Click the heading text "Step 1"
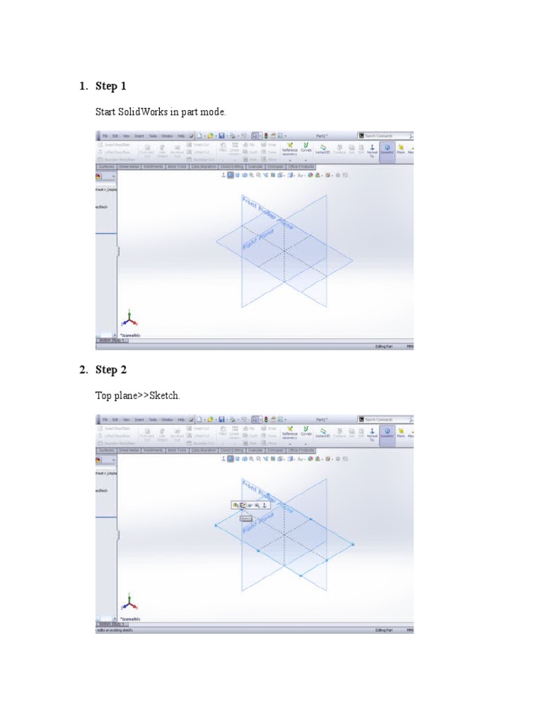pyautogui.click(x=111, y=86)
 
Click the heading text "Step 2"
pyautogui.click(x=111, y=369)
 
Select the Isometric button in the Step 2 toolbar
pyautogui.click(x=387, y=434)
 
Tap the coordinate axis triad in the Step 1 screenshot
pyautogui.click(x=129, y=318)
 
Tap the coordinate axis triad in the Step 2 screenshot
pyautogui.click(x=129, y=601)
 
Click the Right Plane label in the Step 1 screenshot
pyautogui.click(x=256, y=239)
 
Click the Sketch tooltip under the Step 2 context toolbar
pyautogui.click(x=245, y=518)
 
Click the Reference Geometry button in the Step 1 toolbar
pyautogui.click(x=290, y=150)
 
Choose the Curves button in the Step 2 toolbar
pyautogui.click(x=306, y=434)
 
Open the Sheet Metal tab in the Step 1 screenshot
pyautogui.click(x=130, y=167)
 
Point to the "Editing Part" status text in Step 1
pyautogui.click(x=383, y=347)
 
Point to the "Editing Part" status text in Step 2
pyautogui.click(x=383, y=630)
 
